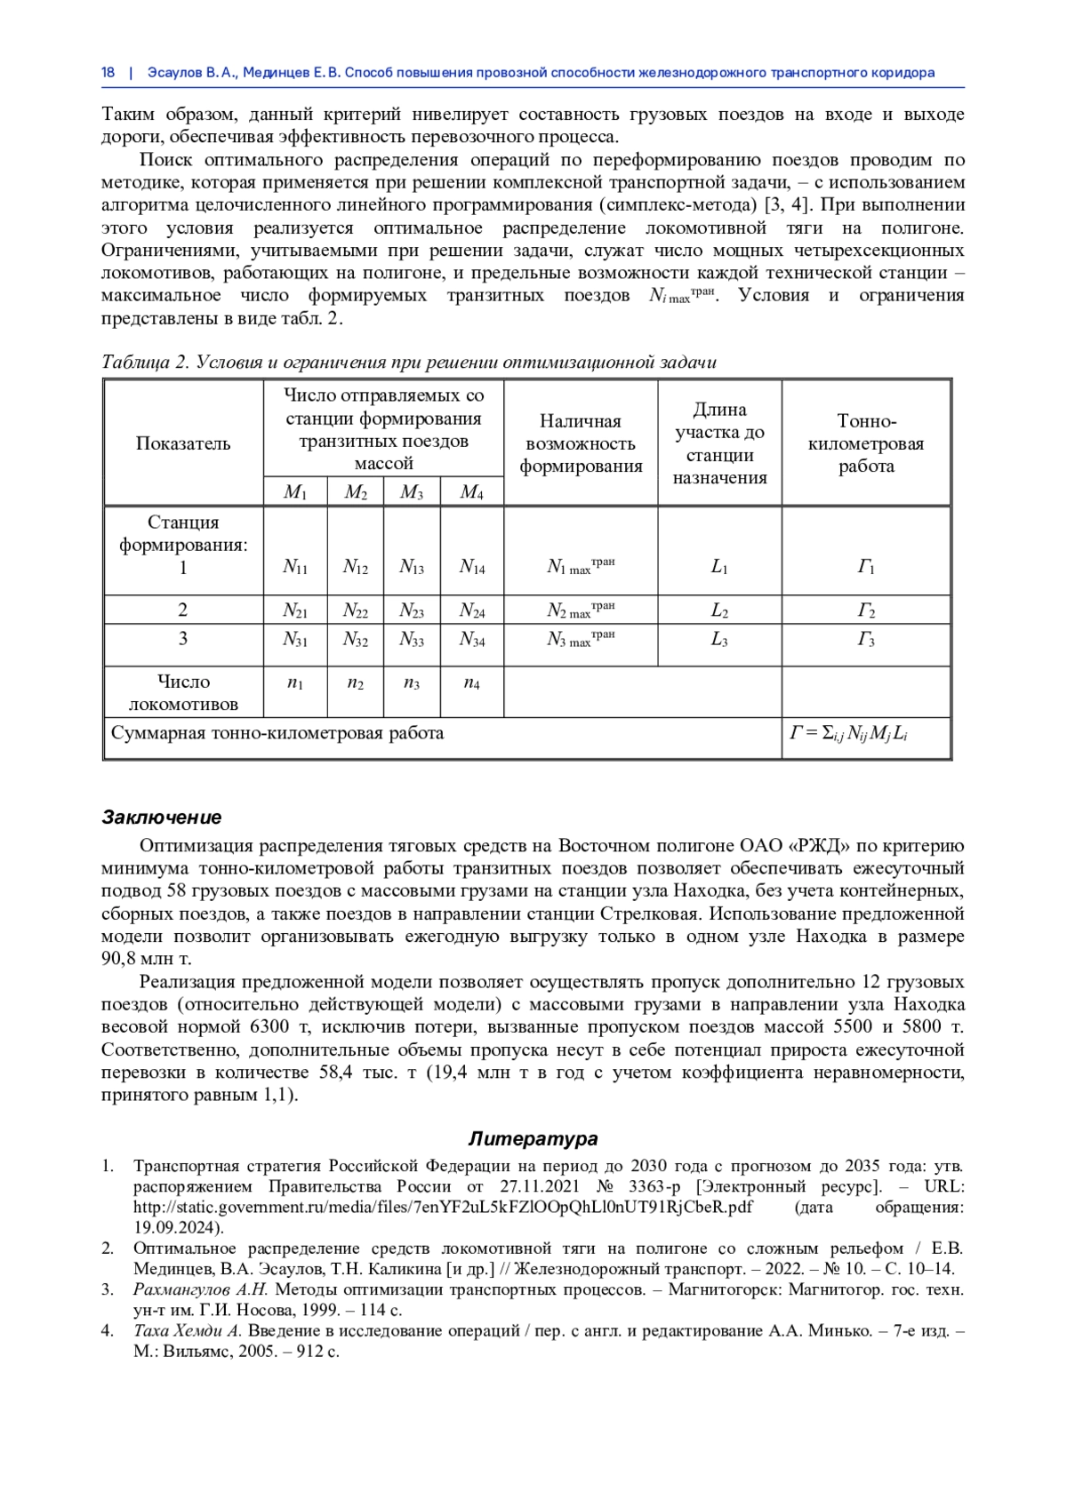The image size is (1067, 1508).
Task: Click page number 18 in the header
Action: click(x=108, y=73)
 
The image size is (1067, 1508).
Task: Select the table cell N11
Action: click(x=294, y=567)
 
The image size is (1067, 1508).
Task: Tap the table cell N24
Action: click(x=471, y=610)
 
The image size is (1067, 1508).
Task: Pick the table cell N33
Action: click(x=411, y=639)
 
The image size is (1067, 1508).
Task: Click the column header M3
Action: click(x=411, y=492)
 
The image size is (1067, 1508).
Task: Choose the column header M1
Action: click(x=294, y=492)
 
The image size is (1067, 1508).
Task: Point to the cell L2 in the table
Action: click(x=718, y=610)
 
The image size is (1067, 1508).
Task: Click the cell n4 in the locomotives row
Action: click(x=471, y=683)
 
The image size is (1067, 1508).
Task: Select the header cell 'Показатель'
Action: click(x=183, y=443)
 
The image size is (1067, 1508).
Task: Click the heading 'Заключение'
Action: click(x=162, y=818)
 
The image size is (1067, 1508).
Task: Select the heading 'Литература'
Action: click(x=533, y=1139)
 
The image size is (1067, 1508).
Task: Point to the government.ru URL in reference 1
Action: click(x=443, y=1208)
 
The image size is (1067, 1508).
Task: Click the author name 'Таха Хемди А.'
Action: click(x=188, y=1331)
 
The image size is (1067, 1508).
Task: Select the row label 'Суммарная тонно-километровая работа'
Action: click(x=277, y=734)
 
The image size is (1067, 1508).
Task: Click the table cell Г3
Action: click(x=865, y=639)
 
